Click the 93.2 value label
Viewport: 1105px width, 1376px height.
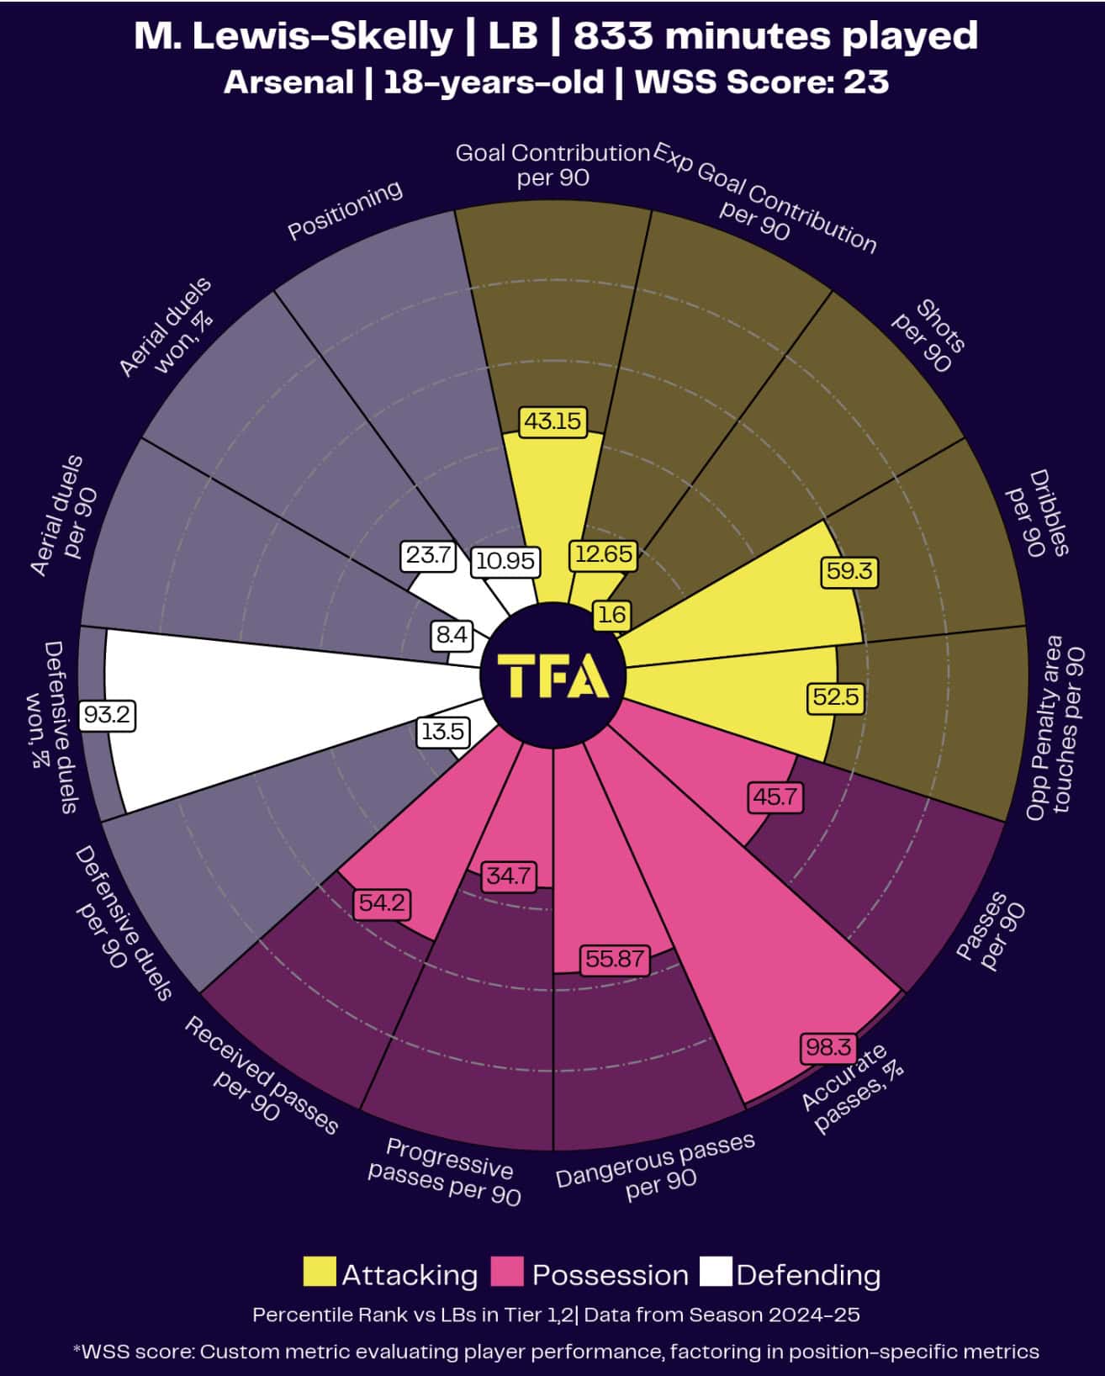(x=108, y=715)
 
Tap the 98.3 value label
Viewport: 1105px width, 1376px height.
(x=827, y=1047)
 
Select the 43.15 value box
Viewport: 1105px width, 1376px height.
(x=552, y=421)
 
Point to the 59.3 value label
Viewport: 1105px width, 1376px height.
(x=849, y=572)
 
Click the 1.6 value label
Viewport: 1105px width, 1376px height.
(x=611, y=615)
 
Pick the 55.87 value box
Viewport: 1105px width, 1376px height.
(x=615, y=959)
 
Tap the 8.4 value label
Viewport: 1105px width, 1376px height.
(x=452, y=635)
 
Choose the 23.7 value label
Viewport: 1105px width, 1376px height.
(x=429, y=555)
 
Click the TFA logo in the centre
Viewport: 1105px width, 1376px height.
(x=552, y=675)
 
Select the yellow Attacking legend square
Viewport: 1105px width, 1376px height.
(x=319, y=1273)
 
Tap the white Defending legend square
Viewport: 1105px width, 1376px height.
(x=716, y=1273)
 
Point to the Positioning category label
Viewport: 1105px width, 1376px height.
(x=345, y=210)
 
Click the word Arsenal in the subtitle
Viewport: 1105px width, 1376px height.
(x=288, y=82)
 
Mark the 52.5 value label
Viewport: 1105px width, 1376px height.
(x=836, y=697)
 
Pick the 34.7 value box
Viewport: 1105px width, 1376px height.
(x=508, y=876)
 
